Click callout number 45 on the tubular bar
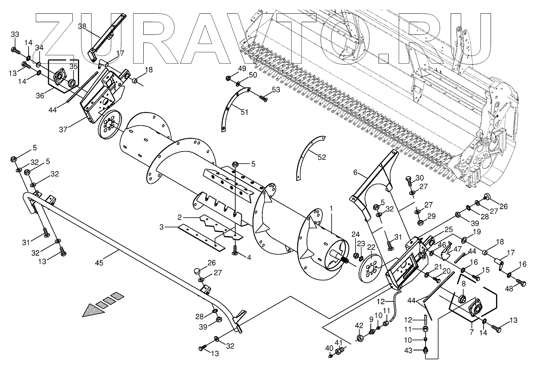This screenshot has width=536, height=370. pyautogui.click(x=99, y=263)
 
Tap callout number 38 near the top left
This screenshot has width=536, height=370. pyautogui.click(x=82, y=27)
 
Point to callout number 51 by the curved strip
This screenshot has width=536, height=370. pyautogui.click(x=244, y=112)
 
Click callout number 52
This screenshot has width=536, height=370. pyautogui.click(x=321, y=157)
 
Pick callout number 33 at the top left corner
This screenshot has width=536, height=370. pyautogui.click(x=14, y=34)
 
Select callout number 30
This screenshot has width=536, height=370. pyautogui.click(x=419, y=177)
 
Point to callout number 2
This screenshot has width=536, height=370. pyautogui.click(x=179, y=217)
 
